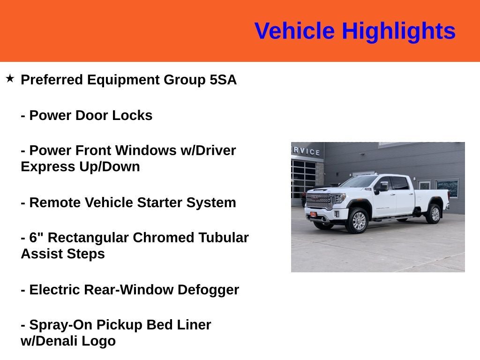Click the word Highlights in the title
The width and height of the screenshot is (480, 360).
398,31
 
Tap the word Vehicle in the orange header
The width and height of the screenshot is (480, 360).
294,31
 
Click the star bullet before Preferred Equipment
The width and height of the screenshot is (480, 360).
10,78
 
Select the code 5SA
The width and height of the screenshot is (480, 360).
223,80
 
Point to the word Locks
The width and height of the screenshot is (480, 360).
135,116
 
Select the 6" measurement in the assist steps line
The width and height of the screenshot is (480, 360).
36,238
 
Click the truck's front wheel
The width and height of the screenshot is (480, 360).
358,221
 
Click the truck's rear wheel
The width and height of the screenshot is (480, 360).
433,214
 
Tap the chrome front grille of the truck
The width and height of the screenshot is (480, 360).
319,201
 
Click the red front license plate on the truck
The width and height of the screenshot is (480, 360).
313,214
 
